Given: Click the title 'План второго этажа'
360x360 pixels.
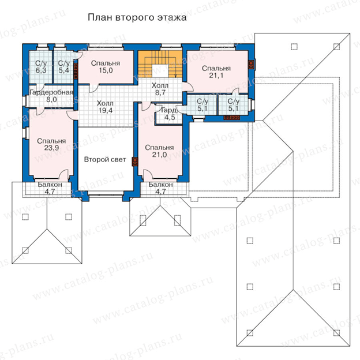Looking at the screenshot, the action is point(137,18).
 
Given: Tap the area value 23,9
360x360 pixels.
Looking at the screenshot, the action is point(51,148).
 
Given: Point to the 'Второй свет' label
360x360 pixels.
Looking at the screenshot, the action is point(105,159).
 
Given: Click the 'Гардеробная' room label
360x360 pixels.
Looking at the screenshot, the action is point(51,92).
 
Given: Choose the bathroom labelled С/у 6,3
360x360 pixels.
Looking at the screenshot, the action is point(40,67).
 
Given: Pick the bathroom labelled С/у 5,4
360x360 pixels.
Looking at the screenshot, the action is point(63,67).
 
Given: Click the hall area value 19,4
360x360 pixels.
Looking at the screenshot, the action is point(106,110).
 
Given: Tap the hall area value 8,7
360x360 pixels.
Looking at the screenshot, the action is point(160,93).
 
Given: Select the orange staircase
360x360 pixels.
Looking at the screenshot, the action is point(160,64).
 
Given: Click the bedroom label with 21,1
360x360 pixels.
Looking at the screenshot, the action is point(216,72).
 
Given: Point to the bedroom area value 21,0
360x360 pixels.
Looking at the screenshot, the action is point(159,155).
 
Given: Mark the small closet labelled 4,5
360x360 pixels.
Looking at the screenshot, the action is point(170,114).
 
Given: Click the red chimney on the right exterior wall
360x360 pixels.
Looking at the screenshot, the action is point(252,65).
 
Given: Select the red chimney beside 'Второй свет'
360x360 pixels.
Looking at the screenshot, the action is point(135,162).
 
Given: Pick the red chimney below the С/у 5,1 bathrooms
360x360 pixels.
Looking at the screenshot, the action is point(232,118).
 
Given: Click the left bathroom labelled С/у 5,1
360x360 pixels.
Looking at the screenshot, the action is point(202,104).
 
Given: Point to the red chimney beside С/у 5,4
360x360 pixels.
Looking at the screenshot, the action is point(76,72).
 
